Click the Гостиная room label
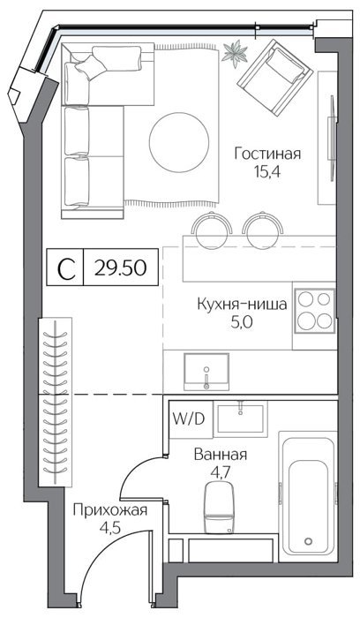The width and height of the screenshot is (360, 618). point(267,154)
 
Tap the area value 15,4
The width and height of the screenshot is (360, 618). point(267,172)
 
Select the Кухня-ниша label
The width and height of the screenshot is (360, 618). point(242,305)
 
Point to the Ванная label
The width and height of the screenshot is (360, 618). point(221,455)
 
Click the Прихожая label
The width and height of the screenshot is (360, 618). point(110,511)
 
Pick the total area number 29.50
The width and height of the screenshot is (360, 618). point(121,268)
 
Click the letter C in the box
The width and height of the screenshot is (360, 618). point(66,269)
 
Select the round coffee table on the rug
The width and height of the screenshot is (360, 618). point(178,143)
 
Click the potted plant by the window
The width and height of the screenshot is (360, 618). point(235,53)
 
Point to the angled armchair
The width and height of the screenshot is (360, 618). point(275,77)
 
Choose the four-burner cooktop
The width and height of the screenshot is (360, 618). point(315,312)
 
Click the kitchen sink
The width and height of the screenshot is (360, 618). point(206,372)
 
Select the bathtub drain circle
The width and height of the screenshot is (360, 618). point(309,541)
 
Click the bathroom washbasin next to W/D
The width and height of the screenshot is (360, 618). point(240,418)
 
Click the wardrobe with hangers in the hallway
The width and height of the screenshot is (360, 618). point(55,402)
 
